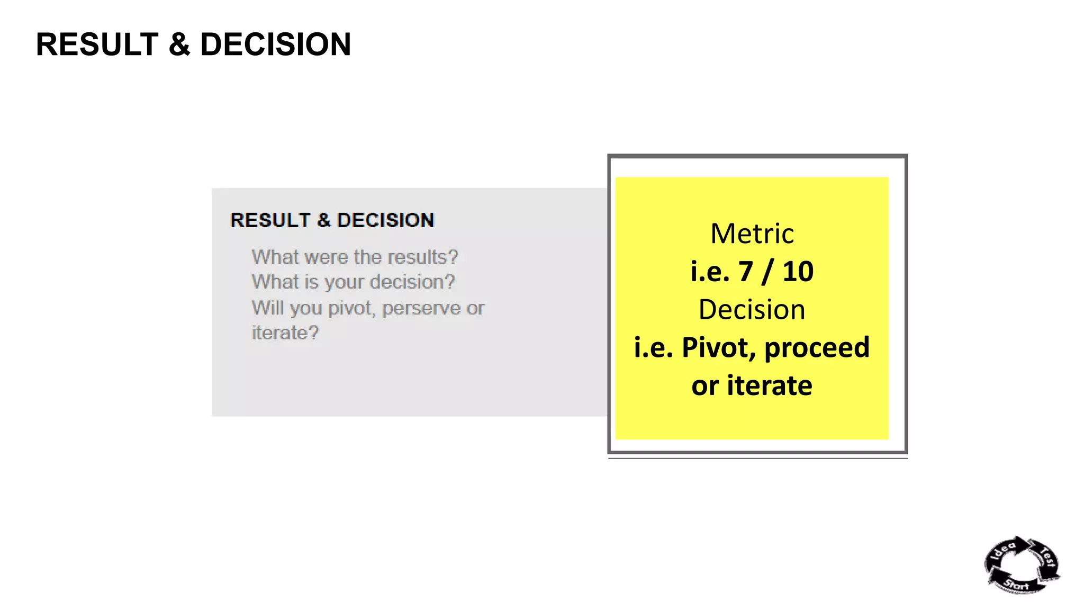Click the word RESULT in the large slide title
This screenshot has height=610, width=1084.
point(97,44)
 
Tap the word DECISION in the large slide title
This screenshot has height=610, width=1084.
point(275,44)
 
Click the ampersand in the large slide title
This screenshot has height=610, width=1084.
point(179,44)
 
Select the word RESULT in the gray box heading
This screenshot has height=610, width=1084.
point(270,220)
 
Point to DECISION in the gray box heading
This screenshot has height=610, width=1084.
point(385,220)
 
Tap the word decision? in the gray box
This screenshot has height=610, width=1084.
point(412,282)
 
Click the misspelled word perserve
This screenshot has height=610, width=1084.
point(421,308)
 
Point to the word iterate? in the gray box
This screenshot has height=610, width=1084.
point(285,333)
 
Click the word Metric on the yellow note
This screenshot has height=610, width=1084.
point(752,234)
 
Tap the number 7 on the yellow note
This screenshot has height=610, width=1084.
point(746,272)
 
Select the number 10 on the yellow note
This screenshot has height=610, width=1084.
point(798,272)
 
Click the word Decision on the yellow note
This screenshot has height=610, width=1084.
point(752,309)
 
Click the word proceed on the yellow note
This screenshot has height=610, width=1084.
point(817,348)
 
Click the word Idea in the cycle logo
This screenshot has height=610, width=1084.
point(1003,550)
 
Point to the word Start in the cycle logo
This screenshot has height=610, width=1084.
point(1016,585)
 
